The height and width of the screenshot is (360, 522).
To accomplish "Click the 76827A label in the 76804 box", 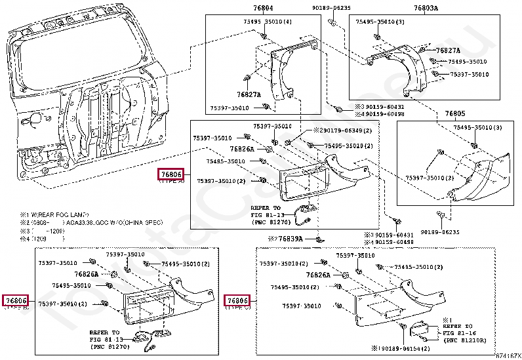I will coord(249,94).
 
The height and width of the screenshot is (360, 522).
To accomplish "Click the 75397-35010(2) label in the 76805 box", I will coord(429,178).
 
